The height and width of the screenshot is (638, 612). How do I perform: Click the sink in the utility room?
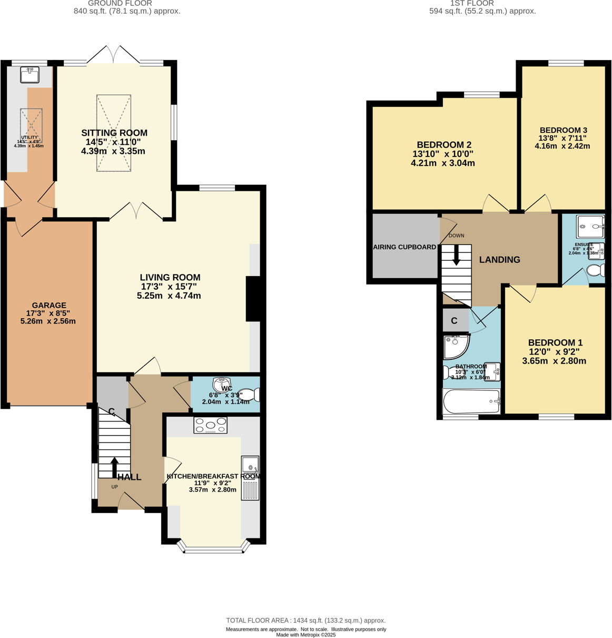pos(29,75)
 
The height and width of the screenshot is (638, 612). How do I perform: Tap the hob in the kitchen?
pos(210,425)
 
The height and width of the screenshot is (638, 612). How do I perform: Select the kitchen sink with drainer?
pos(250,478)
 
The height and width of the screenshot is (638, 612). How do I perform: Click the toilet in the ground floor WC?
pos(250,394)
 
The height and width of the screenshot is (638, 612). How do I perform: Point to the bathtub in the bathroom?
pos(471,402)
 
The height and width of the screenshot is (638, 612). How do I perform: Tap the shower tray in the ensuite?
pos(590,227)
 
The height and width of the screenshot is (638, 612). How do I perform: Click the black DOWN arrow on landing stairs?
pos(456,255)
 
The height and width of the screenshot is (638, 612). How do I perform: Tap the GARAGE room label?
pos(49,305)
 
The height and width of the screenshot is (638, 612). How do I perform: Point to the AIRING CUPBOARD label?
pos(404,247)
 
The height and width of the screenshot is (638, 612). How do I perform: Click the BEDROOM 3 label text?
pos(563,130)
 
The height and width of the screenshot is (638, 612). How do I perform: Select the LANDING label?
pos(499,260)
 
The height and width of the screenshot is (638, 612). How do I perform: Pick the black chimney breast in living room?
pos(254,298)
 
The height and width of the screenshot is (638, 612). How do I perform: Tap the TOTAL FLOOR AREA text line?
pos(305,621)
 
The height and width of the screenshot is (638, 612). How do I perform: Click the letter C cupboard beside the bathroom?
pos(454,320)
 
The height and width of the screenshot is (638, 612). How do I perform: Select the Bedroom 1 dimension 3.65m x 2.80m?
pos(554,361)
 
